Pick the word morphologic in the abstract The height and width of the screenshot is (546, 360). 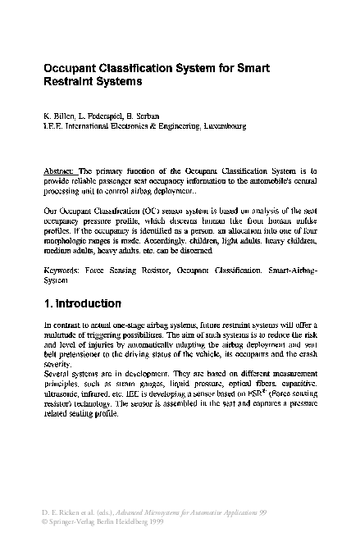[68, 243]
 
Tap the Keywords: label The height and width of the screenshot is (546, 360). [62, 269]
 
